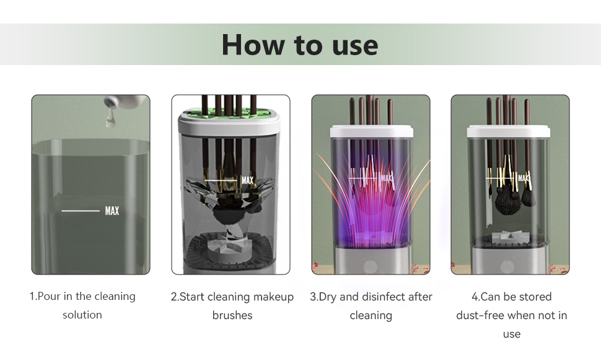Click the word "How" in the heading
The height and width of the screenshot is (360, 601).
[x=253, y=45]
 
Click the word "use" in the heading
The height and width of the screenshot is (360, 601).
[x=355, y=46]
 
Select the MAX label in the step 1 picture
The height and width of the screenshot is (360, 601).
[x=112, y=211]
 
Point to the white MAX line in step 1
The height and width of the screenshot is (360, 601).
[x=81, y=211]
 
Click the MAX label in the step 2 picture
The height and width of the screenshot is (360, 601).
[x=248, y=180]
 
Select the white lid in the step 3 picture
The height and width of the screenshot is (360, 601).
[x=371, y=131]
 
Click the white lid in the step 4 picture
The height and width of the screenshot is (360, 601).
[x=508, y=132]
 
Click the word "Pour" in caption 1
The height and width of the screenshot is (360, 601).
[x=49, y=296]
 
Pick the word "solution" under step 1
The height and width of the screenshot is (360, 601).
[x=82, y=315]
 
